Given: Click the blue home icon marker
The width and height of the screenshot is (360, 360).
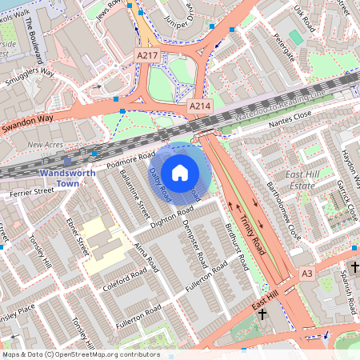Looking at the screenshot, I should pyautogui.click(x=180, y=173).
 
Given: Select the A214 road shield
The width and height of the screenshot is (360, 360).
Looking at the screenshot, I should pyautogui.click(x=199, y=106).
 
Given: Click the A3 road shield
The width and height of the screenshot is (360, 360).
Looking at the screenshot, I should pyautogui.click(x=307, y=274).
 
